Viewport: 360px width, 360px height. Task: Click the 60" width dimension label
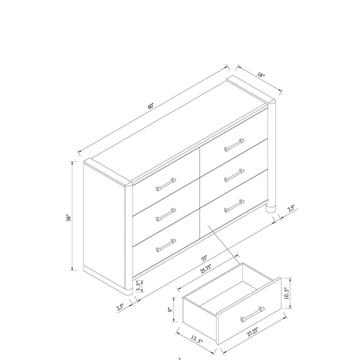(151, 105)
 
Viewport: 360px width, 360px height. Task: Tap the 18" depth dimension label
(262, 76)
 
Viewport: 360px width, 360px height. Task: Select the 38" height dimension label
(67, 218)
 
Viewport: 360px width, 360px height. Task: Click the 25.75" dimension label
(206, 268)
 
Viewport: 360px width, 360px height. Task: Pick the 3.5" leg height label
(138, 284)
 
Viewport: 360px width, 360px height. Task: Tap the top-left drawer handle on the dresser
(166, 184)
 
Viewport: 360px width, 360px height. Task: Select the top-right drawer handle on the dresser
(235, 145)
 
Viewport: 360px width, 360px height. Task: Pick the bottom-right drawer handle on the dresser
(235, 205)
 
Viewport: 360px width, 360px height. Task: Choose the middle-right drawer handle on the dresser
(235, 175)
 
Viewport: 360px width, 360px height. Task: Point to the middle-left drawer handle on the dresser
(166, 214)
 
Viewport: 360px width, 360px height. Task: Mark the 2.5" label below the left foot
(120, 307)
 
